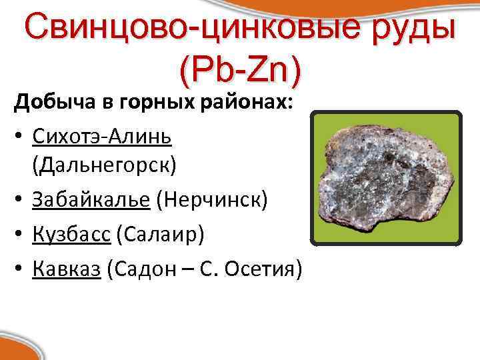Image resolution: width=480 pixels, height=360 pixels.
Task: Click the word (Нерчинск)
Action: click(213, 200)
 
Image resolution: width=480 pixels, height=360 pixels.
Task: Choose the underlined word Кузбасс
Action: click(71, 234)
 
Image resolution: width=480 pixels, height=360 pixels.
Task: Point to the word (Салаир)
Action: click(160, 234)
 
